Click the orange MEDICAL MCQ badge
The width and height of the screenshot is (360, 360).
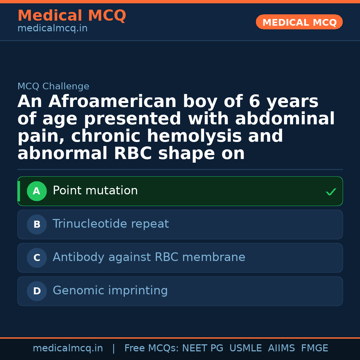(299, 22)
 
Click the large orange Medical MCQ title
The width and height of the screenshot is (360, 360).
(72, 16)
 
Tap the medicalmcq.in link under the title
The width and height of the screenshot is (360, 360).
(52, 28)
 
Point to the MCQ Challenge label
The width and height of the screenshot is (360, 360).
(53, 86)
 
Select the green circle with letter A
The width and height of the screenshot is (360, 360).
(37, 191)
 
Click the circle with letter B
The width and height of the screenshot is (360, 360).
(37, 224)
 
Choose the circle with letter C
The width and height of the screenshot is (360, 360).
(37, 258)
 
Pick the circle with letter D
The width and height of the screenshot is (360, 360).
(37, 291)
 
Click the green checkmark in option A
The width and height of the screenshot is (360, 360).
(331, 192)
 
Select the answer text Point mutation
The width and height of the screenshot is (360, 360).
(95, 191)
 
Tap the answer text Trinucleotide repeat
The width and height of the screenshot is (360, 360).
(111, 224)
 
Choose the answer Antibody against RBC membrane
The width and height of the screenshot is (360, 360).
(149, 257)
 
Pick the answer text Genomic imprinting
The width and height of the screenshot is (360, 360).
(110, 291)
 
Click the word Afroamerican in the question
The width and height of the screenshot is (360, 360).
(112, 102)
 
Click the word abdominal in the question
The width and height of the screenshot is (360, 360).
(285, 119)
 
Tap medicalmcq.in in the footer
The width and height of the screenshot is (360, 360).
(68, 348)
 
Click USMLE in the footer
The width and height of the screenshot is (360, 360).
(245, 348)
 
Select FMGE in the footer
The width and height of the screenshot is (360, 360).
(314, 348)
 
